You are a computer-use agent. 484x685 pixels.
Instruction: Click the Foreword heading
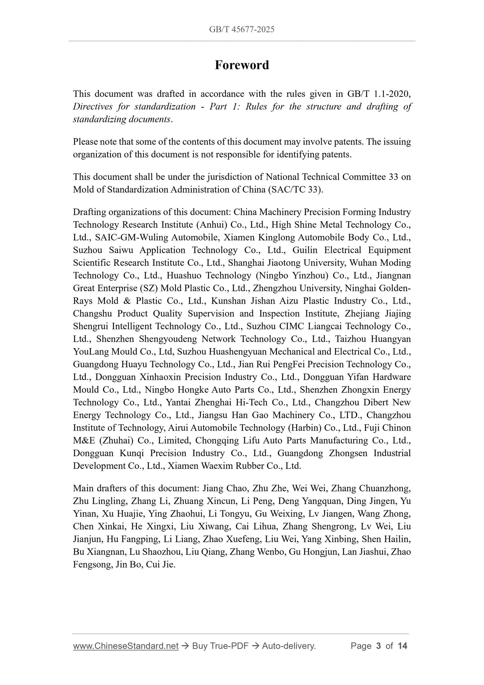point(242,65)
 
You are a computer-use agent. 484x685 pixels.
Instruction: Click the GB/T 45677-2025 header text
point(242,29)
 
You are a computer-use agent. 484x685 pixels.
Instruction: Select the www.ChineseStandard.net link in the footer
point(126,646)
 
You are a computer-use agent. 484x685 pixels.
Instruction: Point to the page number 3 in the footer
point(378,646)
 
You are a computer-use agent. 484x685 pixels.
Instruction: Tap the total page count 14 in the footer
point(402,646)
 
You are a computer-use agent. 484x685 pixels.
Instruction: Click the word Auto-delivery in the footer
point(289,646)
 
